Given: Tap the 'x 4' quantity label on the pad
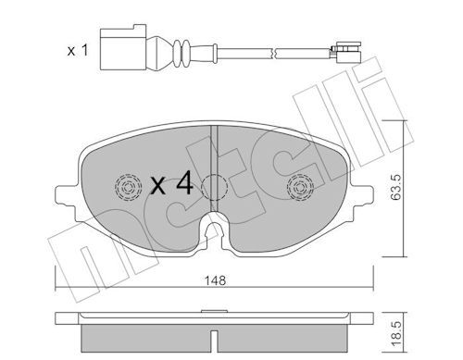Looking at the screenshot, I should point(171,184).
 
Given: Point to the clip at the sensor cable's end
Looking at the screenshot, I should point(348,46).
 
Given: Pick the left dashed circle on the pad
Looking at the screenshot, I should point(123,188).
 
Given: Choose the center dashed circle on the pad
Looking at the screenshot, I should point(215,187).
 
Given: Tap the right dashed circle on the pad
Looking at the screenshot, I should point(301,189).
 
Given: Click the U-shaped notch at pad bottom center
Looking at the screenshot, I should point(215,229).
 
